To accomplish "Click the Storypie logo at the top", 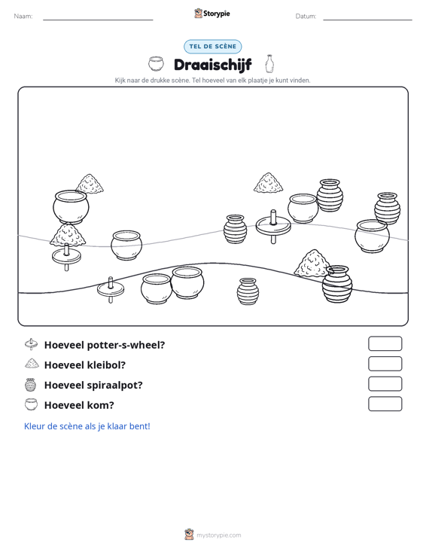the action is pyautogui.click(x=212, y=14).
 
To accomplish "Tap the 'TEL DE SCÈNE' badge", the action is pyautogui.click(x=212, y=47).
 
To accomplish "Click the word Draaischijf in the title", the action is pyautogui.click(x=212, y=65).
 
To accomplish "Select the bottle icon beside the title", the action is pyautogui.click(x=269, y=64).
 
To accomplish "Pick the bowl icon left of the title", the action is pyautogui.click(x=156, y=64).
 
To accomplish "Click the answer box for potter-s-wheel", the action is pyautogui.click(x=385, y=343).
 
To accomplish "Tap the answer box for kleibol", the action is pyautogui.click(x=385, y=364).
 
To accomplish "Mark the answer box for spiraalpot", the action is pyautogui.click(x=385, y=384).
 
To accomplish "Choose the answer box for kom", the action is pyautogui.click(x=385, y=404).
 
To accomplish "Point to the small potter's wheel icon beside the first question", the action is pyautogui.click(x=32, y=344).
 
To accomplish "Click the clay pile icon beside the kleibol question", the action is pyautogui.click(x=32, y=363).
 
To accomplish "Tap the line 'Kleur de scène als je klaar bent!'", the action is pyautogui.click(x=87, y=426).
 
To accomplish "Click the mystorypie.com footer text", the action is pyautogui.click(x=218, y=535).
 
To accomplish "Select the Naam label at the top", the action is pyautogui.click(x=23, y=17).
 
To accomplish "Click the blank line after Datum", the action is pyautogui.click(x=367, y=20).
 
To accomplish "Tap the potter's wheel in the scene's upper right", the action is pyautogui.click(x=273, y=226).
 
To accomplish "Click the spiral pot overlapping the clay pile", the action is pyautogui.click(x=337, y=284).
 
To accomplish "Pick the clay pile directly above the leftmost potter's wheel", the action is pyautogui.click(x=68, y=235).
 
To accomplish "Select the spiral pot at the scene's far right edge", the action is pyautogui.click(x=387, y=209).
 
